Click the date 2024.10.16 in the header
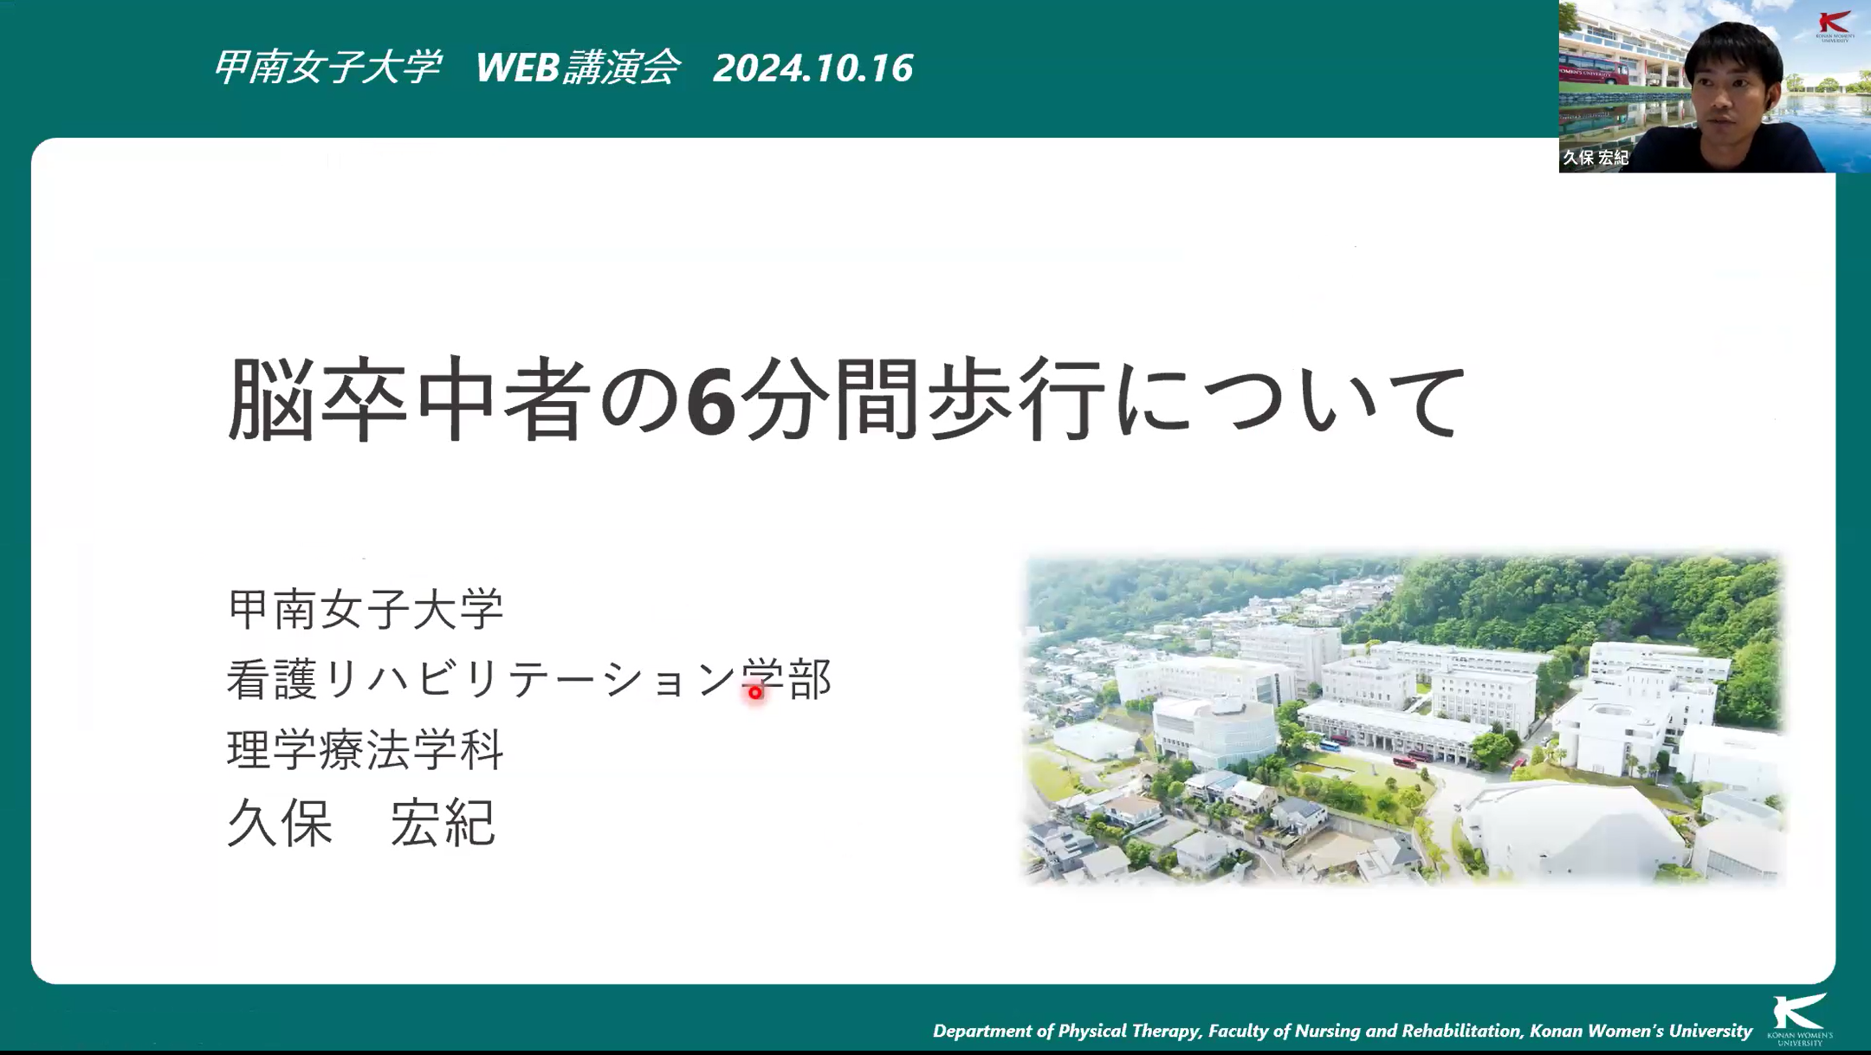point(812,68)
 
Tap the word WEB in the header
point(517,68)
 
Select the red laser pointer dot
point(756,692)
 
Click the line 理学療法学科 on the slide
point(365,750)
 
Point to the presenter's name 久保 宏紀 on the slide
point(361,822)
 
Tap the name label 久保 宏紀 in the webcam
point(1596,158)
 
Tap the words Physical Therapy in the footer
point(1129,1031)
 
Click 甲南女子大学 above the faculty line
point(365,608)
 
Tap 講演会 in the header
point(621,68)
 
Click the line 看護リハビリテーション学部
point(528,679)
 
